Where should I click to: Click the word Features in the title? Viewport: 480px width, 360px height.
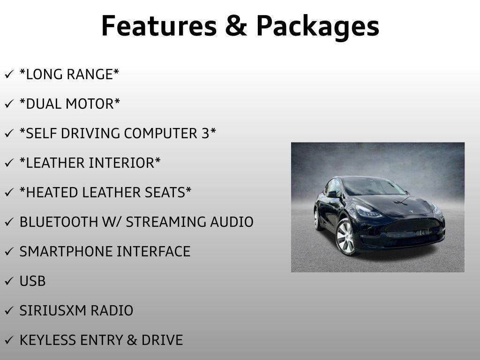(159, 26)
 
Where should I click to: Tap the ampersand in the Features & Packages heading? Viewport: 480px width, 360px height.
(236, 26)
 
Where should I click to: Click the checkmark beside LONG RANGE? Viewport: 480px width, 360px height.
(9, 74)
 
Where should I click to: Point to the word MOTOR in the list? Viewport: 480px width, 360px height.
(90, 104)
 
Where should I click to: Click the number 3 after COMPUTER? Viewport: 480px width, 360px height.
(205, 134)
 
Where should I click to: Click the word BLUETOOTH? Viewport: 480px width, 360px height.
(59, 222)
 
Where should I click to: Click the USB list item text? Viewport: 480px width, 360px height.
(32, 281)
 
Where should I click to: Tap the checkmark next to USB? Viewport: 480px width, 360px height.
(9, 281)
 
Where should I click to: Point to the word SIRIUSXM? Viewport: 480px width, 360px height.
(53, 310)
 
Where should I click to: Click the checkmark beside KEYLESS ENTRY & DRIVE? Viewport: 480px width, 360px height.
(9, 340)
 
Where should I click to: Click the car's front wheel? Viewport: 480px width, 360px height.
(345, 237)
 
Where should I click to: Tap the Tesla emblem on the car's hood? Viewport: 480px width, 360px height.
(411, 211)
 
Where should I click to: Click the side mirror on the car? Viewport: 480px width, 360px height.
(332, 194)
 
